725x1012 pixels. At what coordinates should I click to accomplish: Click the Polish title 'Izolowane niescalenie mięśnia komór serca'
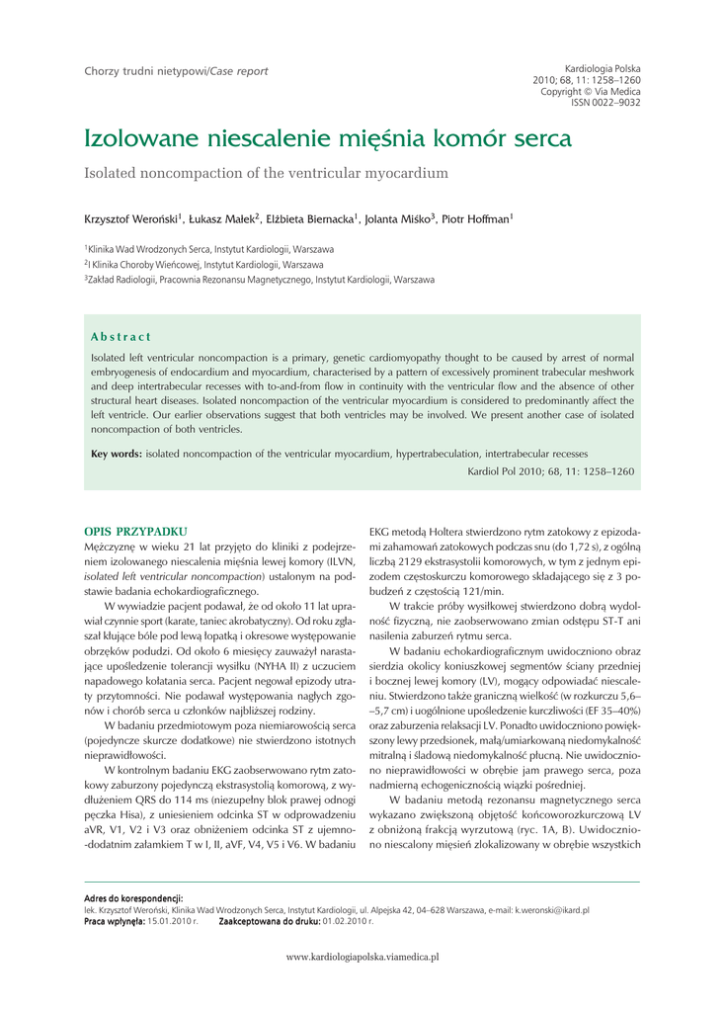pos(327,137)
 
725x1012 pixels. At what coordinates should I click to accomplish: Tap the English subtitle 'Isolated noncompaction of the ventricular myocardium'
pos(266,173)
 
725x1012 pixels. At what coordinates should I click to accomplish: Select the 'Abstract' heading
pos(121,338)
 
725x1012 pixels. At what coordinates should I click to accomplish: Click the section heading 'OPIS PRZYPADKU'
pos(135,532)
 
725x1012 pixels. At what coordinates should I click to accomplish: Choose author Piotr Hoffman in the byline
pos(477,217)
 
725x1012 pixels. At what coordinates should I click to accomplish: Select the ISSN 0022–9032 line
pos(605,102)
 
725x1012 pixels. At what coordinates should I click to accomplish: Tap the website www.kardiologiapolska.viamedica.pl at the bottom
pos(362,957)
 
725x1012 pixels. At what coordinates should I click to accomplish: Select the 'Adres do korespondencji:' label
pos(133,897)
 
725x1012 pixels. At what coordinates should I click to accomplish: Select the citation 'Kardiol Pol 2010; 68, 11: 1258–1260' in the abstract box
pos(550,471)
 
